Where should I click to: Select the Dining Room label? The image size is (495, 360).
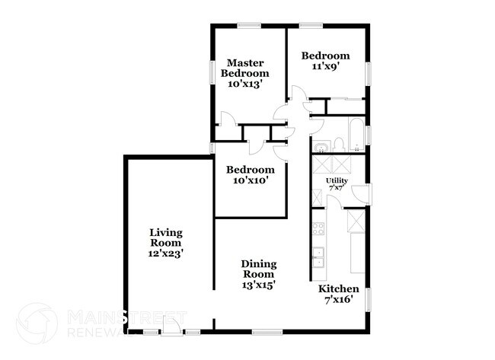click(x=259, y=269)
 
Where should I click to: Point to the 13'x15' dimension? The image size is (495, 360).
click(x=259, y=285)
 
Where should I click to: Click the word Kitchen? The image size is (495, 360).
click(x=339, y=289)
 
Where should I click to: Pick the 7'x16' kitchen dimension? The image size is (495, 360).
click(x=339, y=300)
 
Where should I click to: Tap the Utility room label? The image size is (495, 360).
click(x=337, y=180)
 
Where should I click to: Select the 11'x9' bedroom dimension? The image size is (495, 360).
click(x=325, y=66)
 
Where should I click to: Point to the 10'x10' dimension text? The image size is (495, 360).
click(x=249, y=180)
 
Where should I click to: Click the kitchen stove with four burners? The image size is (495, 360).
click(x=319, y=228)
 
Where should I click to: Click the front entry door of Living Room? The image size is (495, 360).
click(x=173, y=327)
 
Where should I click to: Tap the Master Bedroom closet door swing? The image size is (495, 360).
click(x=226, y=119)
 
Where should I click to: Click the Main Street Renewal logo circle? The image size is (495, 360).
click(x=36, y=323)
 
